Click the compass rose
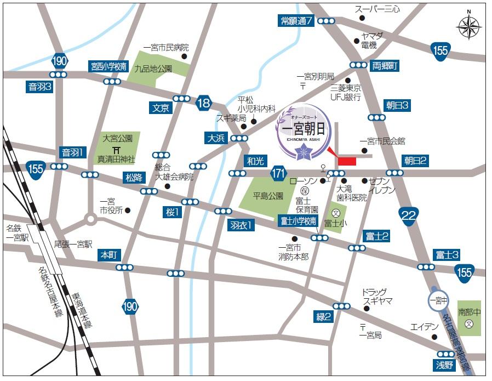pos(469,26)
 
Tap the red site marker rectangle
pos(347,161)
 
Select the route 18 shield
pos(204,103)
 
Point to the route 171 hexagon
pos(278,174)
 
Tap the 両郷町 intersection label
pos(385,65)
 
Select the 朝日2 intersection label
pos(416,161)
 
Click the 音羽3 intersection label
pos(40,87)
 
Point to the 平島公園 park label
pos(268,196)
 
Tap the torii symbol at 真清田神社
pos(116,150)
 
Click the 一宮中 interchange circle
pos(438,300)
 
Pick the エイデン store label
pos(425,327)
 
